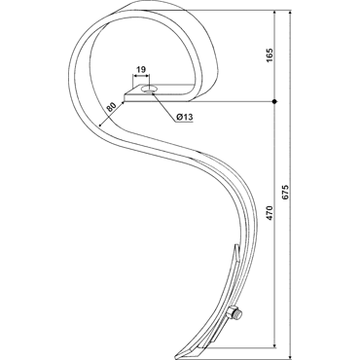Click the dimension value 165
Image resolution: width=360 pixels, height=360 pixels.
(x=270, y=55)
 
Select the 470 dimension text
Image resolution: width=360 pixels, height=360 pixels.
(x=270, y=213)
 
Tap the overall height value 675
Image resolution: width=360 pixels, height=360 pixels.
(x=285, y=192)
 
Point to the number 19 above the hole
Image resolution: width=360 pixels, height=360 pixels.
(x=141, y=69)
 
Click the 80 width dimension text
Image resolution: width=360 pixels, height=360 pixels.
(x=111, y=107)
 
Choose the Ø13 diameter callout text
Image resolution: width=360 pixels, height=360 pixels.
(x=185, y=117)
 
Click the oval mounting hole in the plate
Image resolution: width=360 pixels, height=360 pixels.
(x=149, y=89)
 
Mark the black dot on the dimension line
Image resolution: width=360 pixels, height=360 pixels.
(x=274, y=101)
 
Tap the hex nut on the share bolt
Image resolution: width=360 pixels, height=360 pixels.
(x=232, y=311)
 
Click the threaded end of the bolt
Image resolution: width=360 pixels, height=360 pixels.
(x=239, y=314)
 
